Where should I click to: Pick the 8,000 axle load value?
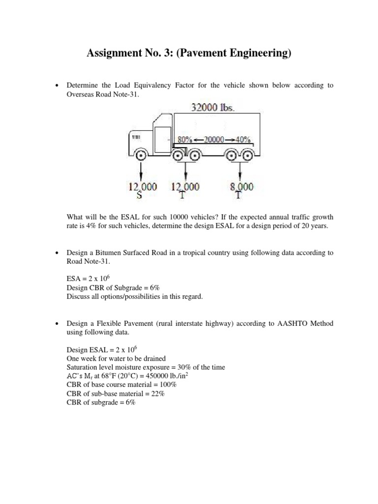click(x=242, y=187)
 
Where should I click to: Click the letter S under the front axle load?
click(x=143, y=195)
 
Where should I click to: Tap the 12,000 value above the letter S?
click(x=143, y=187)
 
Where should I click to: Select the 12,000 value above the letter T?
click(x=185, y=187)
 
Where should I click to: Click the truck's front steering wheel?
click(x=140, y=156)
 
